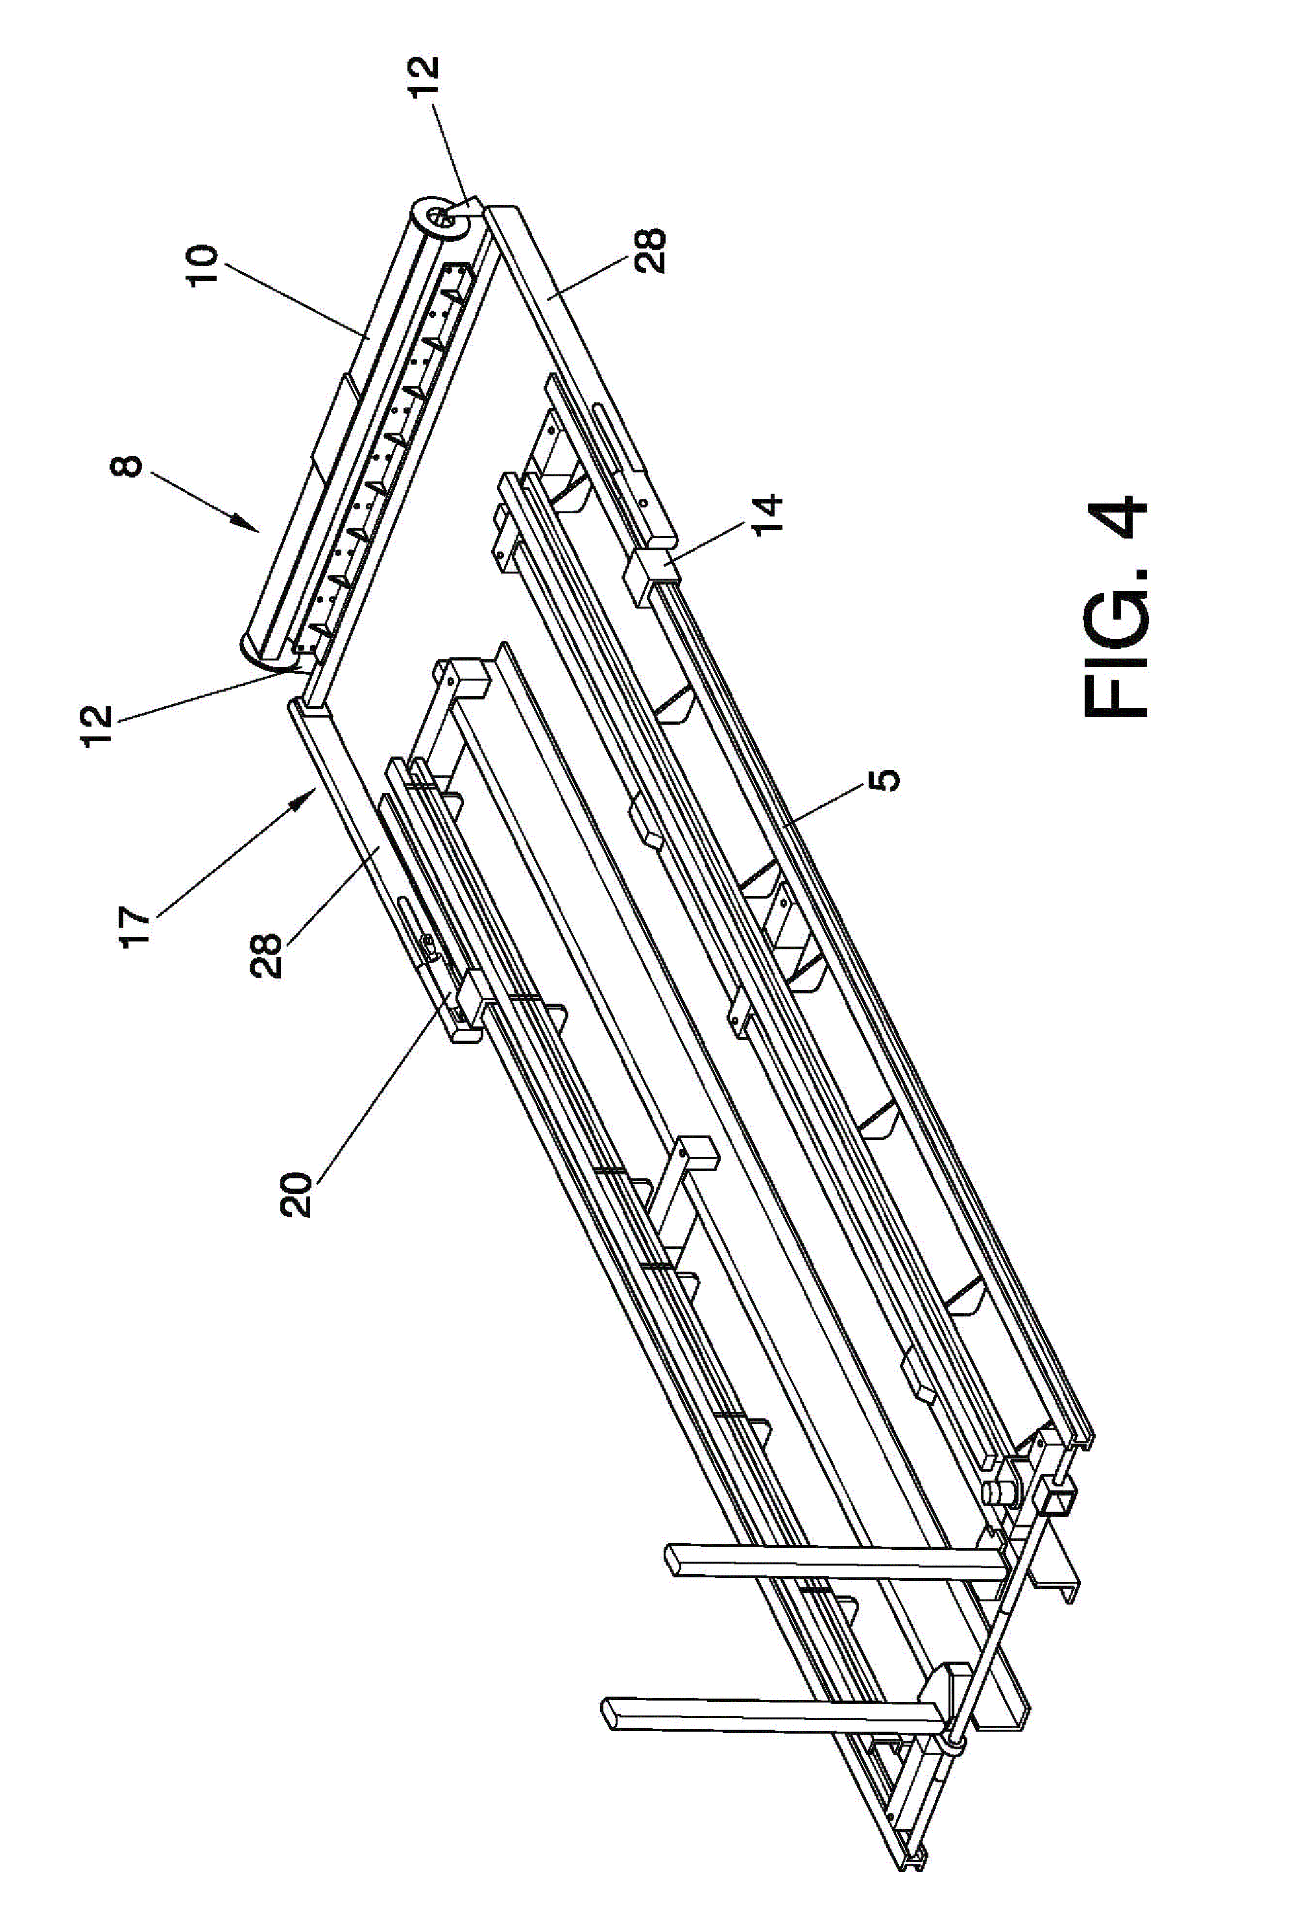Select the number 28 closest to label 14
pos(650,250)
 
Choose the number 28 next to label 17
pos(269,954)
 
